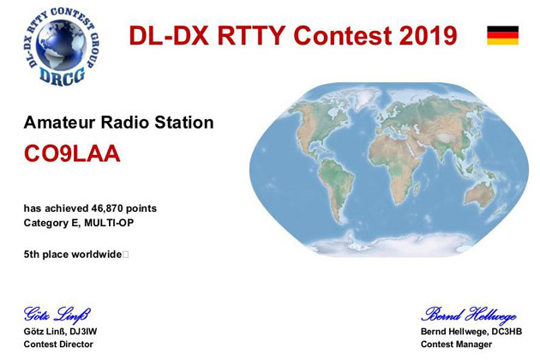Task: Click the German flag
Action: pyautogui.click(x=502, y=35)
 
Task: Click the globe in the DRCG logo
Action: pyautogui.click(x=62, y=45)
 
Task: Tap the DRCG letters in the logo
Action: pyautogui.click(x=62, y=75)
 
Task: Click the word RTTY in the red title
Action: pyautogui.click(x=251, y=35)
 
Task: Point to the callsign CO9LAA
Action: pyautogui.click(x=72, y=153)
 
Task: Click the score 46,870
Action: pyautogui.click(x=107, y=208)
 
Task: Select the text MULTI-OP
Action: pyautogui.click(x=109, y=223)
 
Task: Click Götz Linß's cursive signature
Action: pyautogui.click(x=57, y=315)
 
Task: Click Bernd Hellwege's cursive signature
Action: pyautogui.click(x=469, y=315)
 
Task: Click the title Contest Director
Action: pyautogui.click(x=58, y=345)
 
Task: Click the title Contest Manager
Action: pyautogui.click(x=456, y=345)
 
